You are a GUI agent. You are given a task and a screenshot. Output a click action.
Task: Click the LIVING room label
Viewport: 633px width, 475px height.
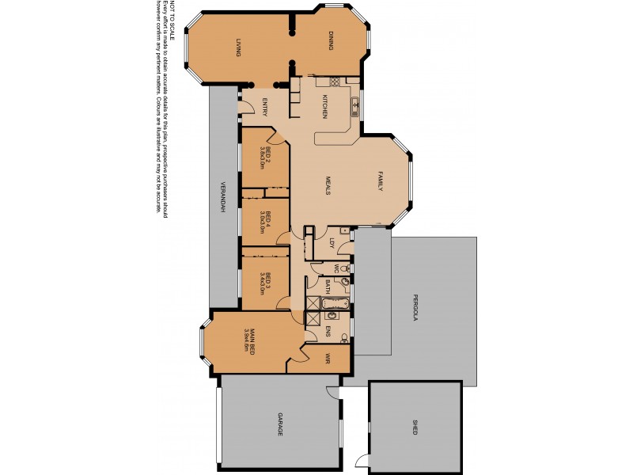[237, 47]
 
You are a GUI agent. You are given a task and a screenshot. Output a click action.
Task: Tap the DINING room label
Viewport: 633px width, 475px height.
[332, 41]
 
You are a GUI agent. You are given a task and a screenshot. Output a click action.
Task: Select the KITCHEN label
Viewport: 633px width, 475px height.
[324, 107]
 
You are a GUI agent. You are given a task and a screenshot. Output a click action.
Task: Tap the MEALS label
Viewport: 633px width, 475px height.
[327, 185]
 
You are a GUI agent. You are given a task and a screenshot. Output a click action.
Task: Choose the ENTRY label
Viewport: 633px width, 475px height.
[263, 106]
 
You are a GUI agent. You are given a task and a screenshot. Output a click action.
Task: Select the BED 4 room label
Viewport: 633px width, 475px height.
[268, 218]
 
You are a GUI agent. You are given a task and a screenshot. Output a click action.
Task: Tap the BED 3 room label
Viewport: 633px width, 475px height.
[269, 281]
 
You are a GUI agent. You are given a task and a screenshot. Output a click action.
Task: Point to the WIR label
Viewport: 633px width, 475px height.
[326, 359]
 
